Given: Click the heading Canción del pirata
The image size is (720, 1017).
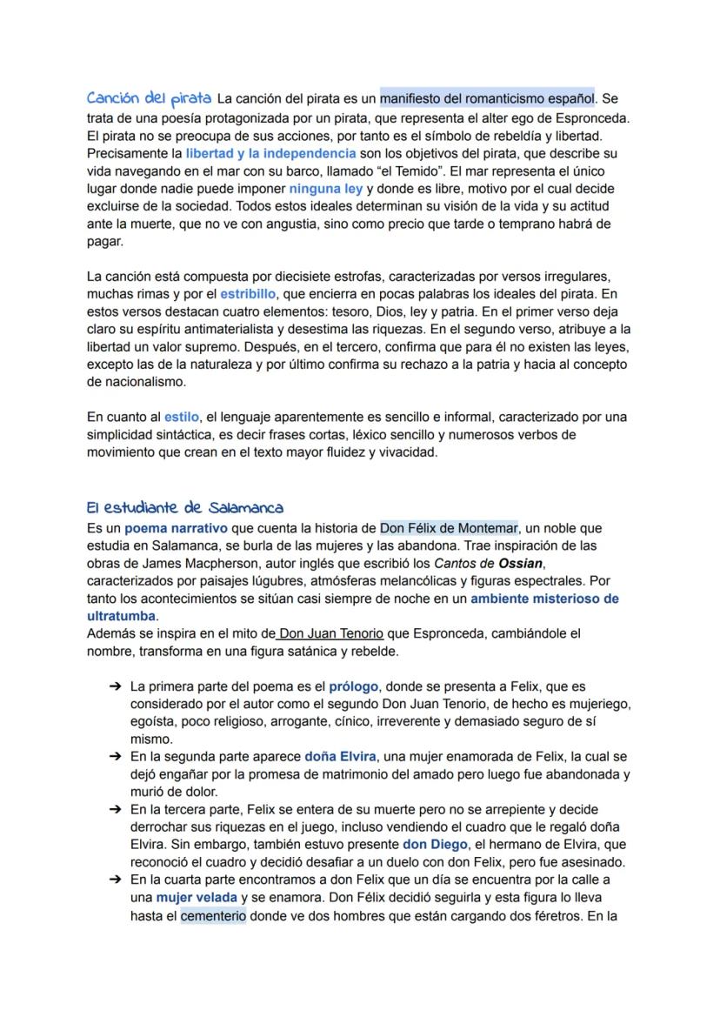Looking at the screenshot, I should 149,98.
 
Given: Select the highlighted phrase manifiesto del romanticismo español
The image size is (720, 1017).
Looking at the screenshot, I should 487,99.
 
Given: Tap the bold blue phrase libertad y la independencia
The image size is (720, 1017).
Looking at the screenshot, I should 270,153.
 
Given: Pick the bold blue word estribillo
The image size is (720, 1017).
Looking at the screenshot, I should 248,294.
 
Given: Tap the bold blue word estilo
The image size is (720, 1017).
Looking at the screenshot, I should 181,418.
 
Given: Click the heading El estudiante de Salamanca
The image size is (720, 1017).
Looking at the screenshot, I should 184,507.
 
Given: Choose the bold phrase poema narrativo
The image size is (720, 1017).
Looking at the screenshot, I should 176,528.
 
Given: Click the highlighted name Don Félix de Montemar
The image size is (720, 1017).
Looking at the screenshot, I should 449,528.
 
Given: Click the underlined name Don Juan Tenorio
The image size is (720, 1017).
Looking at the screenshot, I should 330,633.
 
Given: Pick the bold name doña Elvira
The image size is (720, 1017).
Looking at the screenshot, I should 340,757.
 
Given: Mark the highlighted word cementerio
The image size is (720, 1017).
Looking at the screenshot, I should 214,915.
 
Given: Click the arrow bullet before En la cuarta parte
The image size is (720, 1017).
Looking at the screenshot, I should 115,880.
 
